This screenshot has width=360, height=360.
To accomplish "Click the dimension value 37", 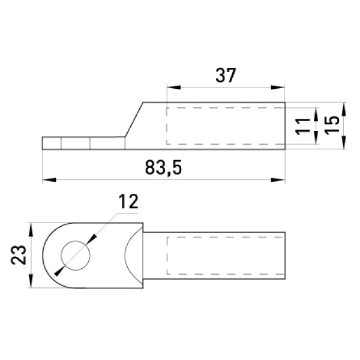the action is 226,76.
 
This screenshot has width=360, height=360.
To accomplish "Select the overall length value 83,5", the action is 163,168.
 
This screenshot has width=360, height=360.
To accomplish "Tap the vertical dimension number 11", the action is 302,126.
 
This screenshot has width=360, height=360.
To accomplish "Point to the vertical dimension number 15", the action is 332,124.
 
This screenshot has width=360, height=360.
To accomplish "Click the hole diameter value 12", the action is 128,202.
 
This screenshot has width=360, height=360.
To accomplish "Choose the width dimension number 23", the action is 19,255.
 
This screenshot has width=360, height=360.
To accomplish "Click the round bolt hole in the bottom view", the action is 76,256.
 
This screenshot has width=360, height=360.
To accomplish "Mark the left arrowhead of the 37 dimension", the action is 174,88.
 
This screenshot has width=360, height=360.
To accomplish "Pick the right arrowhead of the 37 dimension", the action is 278,88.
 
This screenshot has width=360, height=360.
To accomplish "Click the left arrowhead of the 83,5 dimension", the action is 49,180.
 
